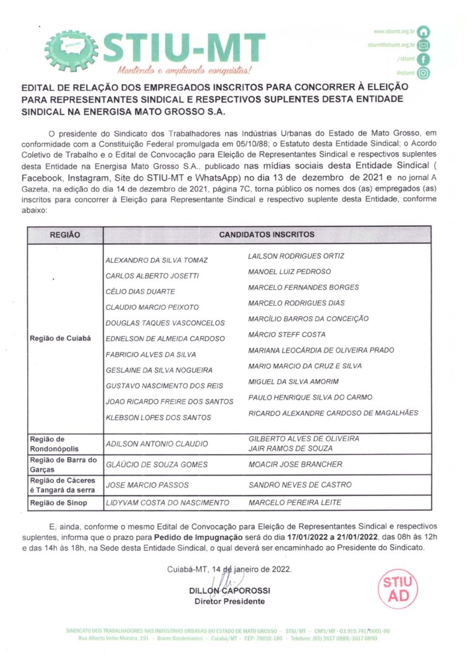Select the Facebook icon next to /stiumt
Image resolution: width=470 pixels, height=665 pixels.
tap(424, 59)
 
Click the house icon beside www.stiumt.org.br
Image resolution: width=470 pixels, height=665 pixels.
tap(424, 31)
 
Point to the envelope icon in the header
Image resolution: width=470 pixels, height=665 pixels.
tap(424, 45)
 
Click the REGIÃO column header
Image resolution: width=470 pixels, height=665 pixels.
tap(64, 235)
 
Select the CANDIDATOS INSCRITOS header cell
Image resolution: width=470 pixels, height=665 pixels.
tap(267, 235)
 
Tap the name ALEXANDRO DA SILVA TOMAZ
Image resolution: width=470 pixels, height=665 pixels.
tap(156, 260)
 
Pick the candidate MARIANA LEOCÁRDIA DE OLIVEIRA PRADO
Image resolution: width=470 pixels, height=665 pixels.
tap(321, 350)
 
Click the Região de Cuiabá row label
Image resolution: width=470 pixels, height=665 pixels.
tap(60, 338)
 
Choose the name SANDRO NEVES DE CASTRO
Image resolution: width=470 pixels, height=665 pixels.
tap(300, 484)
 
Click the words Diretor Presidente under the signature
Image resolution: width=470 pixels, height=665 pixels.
tap(229, 601)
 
